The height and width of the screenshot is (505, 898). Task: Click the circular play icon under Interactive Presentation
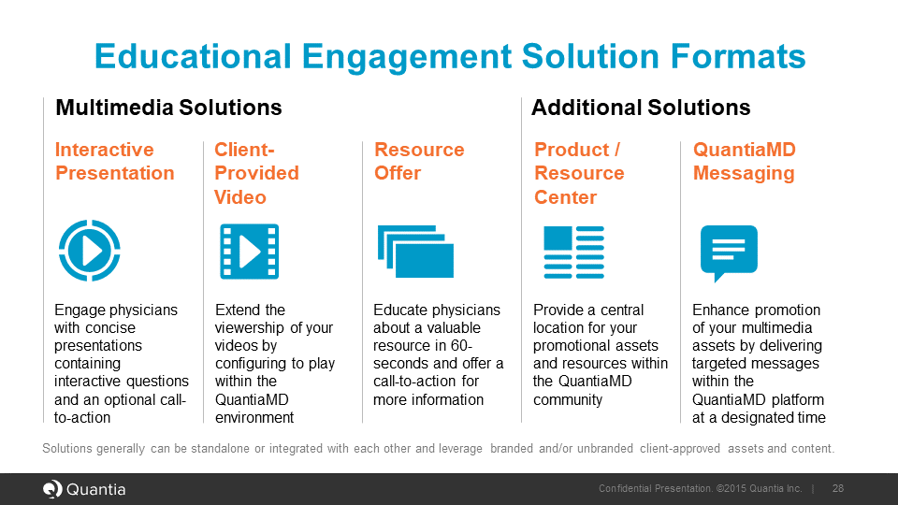pyautogui.click(x=90, y=251)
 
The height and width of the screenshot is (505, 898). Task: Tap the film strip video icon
pyautogui.click(x=250, y=252)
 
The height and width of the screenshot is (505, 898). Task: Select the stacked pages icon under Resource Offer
pyautogui.click(x=415, y=252)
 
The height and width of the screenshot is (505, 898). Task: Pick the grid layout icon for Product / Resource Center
pyautogui.click(x=573, y=252)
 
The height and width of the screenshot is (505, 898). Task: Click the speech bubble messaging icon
pyautogui.click(x=729, y=251)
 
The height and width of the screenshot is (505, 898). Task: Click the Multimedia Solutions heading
pyautogui.click(x=168, y=108)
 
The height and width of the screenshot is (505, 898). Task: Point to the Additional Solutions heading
pyautogui.click(x=641, y=108)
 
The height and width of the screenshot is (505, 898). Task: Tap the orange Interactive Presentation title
pyautogui.click(x=114, y=162)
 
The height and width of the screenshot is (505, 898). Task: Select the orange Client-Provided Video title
pyautogui.click(x=256, y=174)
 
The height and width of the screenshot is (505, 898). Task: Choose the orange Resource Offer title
pyautogui.click(x=419, y=162)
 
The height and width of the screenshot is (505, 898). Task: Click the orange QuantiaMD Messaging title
pyautogui.click(x=744, y=162)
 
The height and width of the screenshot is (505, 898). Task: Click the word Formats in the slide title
pyautogui.click(x=738, y=56)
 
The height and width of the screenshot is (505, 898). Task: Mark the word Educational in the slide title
pyautogui.click(x=193, y=56)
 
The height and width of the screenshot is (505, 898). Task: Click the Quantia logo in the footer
pyautogui.click(x=84, y=489)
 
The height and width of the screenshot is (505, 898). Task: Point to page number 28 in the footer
pyautogui.click(x=838, y=488)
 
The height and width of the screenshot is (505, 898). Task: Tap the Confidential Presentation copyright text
pyautogui.click(x=700, y=488)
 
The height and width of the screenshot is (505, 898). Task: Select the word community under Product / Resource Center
pyautogui.click(x=568, y=399)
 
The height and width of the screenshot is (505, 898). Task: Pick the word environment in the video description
pyautogui.click(x=254, y=417)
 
